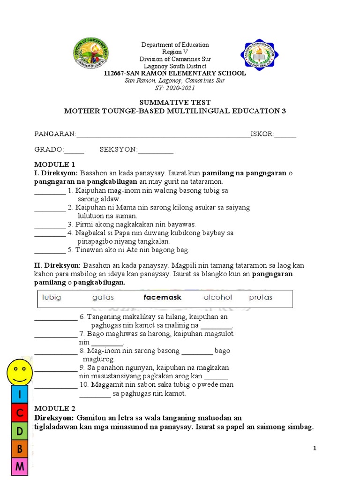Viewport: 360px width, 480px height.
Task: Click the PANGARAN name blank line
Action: click(163, 135)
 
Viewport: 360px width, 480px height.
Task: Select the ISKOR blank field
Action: click(285, 135)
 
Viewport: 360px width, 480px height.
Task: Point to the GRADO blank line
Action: click(74, 150)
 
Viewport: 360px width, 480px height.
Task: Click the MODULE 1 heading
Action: click(54, 165)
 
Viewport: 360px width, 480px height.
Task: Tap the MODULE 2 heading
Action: click(54, 408)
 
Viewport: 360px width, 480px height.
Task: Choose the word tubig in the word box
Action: click(52, 298)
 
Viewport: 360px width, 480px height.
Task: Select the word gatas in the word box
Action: click(103, 298)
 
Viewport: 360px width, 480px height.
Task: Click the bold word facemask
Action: click(162, 298)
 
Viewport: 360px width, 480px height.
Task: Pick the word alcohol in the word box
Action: click(217, 298)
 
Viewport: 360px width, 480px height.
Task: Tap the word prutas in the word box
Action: click(261, 298)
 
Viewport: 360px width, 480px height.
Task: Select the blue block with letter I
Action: click(20, 396)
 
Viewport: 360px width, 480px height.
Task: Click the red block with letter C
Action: click(20, 413)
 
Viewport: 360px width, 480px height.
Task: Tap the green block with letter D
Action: click(20, 431)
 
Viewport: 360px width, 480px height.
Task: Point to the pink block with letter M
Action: click(20, 467)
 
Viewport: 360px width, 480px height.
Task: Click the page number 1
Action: click(315, 449)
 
